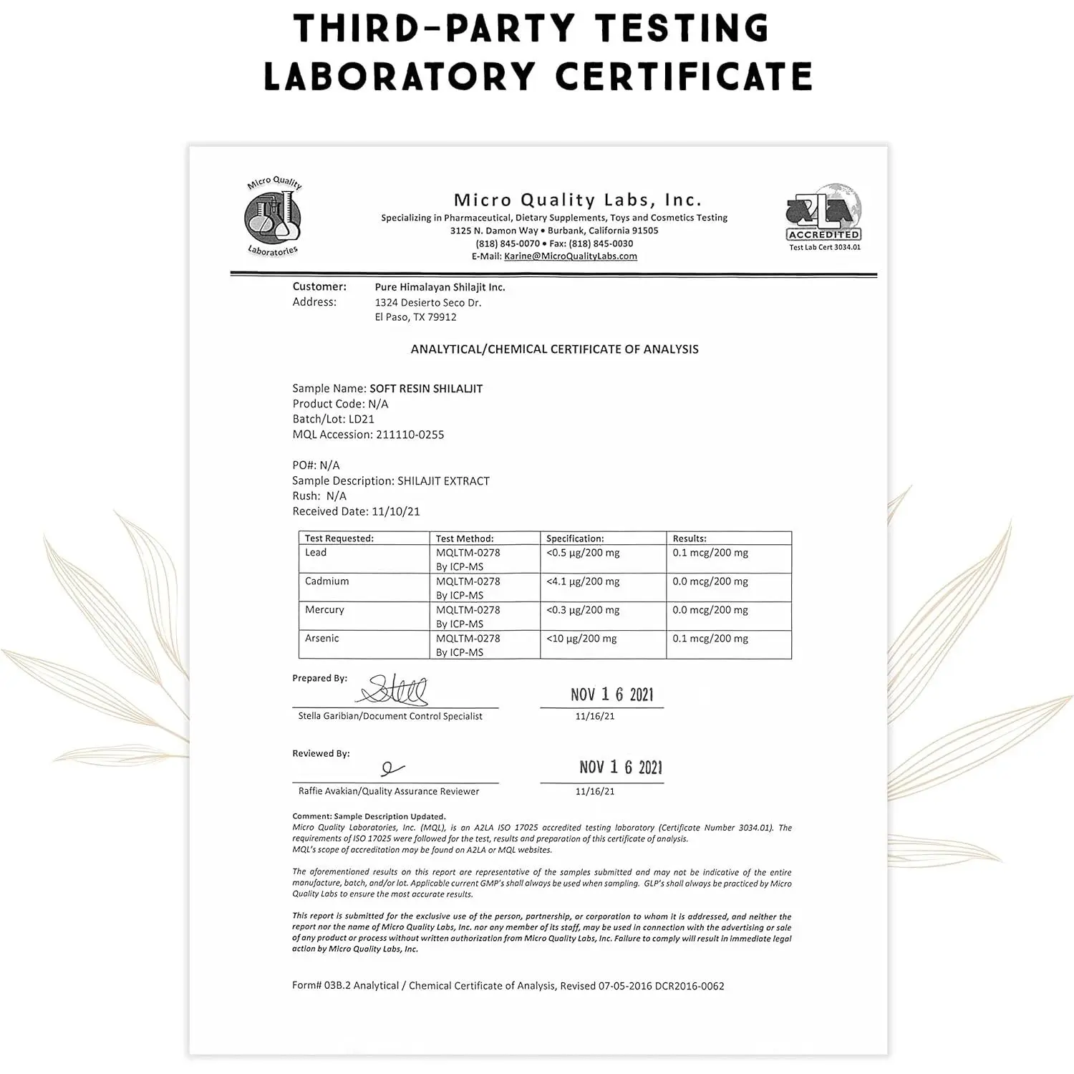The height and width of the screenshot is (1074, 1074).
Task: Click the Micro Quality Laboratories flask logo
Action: (x=273, y=217)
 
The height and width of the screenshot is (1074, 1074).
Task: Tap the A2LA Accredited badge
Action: (x=824, y=217)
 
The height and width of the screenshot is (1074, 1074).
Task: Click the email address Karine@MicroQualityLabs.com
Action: (x=570, y=256)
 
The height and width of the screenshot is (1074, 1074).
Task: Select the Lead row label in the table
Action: (x=316, y=553)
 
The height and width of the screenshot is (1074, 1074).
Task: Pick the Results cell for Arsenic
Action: (x=710, y=639)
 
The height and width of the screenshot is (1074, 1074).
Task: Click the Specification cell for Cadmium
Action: (x=583, y=581)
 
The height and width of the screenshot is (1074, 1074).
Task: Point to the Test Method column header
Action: (x=465, y=538)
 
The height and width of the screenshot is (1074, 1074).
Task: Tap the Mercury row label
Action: (x=324, y=610)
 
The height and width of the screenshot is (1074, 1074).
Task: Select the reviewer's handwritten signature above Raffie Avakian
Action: (x=392, y=768)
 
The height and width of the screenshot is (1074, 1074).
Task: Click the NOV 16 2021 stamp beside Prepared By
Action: (x=611, y=695)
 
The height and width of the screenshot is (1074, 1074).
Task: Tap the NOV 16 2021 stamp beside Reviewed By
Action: (x=620, y=768)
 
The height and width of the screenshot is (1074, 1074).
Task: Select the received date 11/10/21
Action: (x=396, y=512)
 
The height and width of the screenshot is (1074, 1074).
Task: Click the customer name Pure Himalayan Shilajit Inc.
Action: (x=440, y=287)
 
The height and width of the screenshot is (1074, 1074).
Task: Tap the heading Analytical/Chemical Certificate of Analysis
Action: (x=554, y=349)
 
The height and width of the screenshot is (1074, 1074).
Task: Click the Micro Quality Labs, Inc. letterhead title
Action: (x=577, y=200)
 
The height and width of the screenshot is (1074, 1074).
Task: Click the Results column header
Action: (x=690, y=538)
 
